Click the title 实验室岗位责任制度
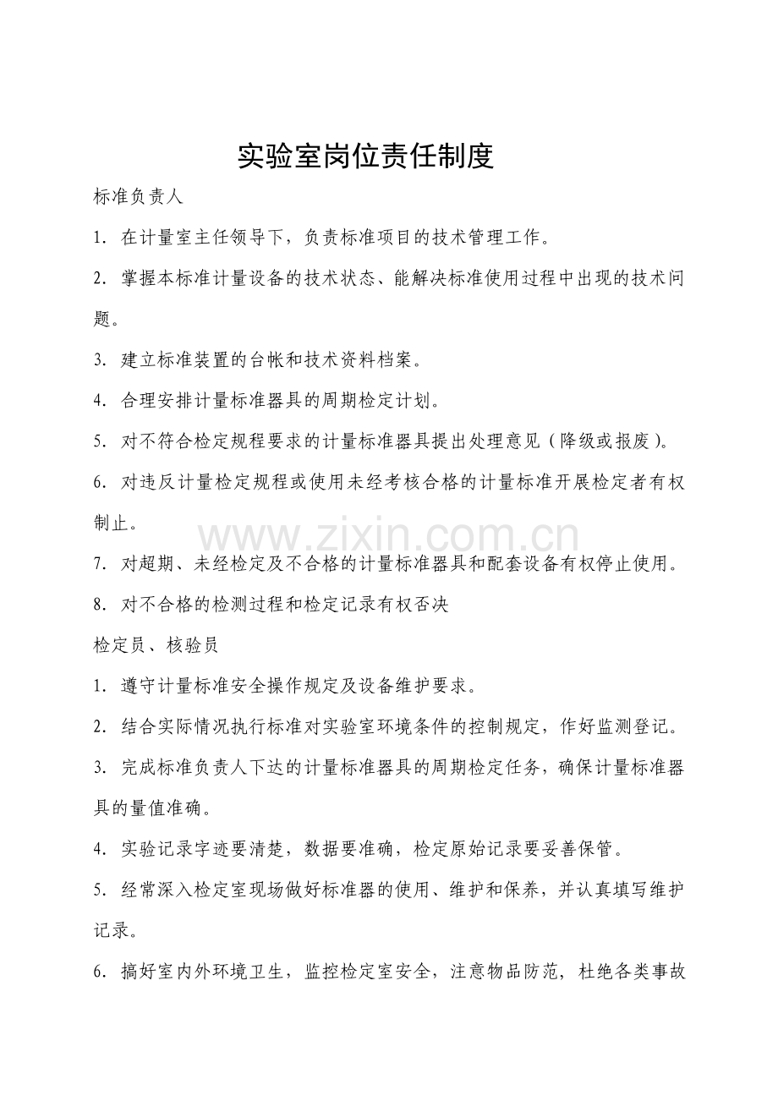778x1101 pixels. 365,156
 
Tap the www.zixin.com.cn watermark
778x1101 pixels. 389,538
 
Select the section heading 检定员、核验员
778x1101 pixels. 156,645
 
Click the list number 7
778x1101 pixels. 98,565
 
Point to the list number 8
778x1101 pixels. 98,605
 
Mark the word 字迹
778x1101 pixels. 222,849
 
